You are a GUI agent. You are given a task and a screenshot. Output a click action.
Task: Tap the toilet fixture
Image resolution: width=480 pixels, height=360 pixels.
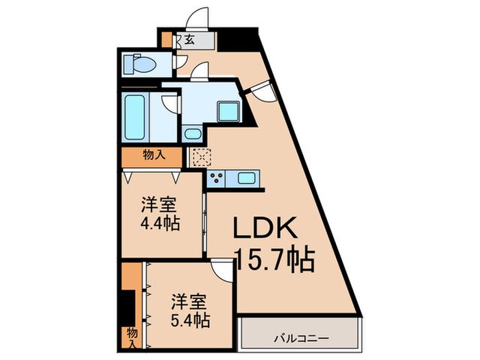coord(139,65)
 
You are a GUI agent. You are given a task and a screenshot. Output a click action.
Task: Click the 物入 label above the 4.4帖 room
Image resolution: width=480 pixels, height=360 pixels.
coord(153,156)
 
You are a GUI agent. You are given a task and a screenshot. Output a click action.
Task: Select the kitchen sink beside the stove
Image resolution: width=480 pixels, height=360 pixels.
coord(245,178)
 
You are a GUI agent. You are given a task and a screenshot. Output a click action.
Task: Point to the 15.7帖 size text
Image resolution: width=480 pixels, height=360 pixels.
coord(274,260)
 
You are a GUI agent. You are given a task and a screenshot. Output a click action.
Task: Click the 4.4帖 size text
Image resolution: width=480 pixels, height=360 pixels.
coord(162,224)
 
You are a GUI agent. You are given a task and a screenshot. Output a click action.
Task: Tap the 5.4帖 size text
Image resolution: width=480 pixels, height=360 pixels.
coord(190,320)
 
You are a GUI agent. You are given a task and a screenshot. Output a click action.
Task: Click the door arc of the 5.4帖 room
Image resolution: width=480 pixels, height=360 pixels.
coord(222,272)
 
